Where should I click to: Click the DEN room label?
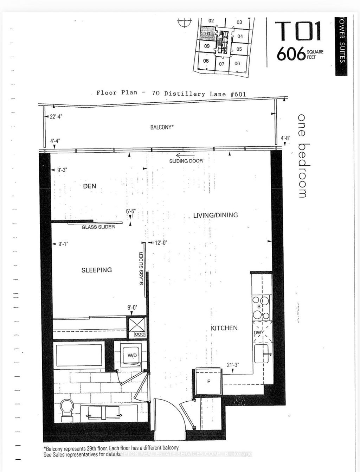(90, 186)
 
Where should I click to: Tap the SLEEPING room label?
(97, 270)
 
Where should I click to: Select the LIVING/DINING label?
(215, 215)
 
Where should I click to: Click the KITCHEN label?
(224, 328)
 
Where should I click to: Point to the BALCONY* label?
(162, 127)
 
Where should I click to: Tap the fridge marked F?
(208, 381)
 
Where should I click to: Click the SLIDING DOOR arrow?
(185, 155)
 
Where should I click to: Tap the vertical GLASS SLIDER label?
(141, 269)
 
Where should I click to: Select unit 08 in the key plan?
(206, 61)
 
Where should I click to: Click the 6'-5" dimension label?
(130, 212)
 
